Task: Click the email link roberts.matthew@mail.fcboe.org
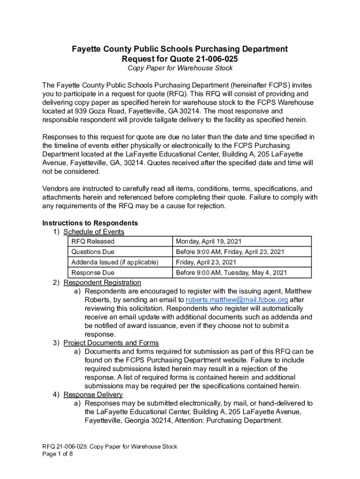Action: pyautogui.click(x=237, y=300)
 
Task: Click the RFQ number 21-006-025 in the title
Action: pyautogui.click(x=212, y=59)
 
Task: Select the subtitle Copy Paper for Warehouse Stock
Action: pyautogui.click(x=180, y=68)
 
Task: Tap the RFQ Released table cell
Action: pyautogui.click(x=93, y=241)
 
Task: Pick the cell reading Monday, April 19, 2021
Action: pyautogui.click(x=208, y=241)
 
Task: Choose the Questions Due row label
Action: pyautogui.click(x=93, y=252)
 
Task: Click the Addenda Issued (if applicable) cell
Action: pyautogui.click(x=115, y=262)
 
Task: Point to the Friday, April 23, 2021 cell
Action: pyautogui.click(x=206, y=262)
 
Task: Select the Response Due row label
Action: pyautogui.click(x=93, y=272)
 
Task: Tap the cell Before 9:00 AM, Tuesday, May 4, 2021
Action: pyautogui.click(x=231, y=272)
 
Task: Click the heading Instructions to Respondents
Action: pyautogui.click(x=90, y=223)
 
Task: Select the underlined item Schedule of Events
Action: pyautogui.click(x=94, y=232)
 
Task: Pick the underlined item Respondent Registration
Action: pyautogui.click(x=102, y=283)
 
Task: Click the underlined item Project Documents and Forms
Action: pyautogui.click(x=111, y=343)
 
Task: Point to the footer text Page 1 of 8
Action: pyautogui.click(x=58, y=454)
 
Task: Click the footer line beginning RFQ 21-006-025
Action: pyautogui.click(x=110, y=447)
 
